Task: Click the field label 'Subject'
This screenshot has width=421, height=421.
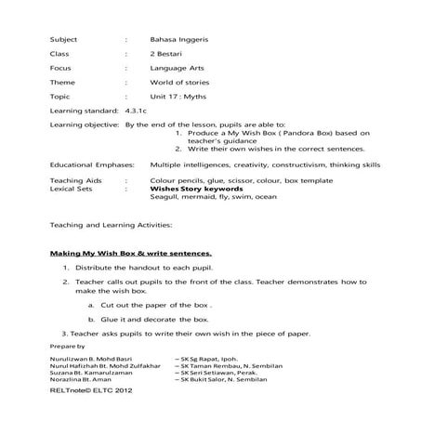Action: click(64, 40)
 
